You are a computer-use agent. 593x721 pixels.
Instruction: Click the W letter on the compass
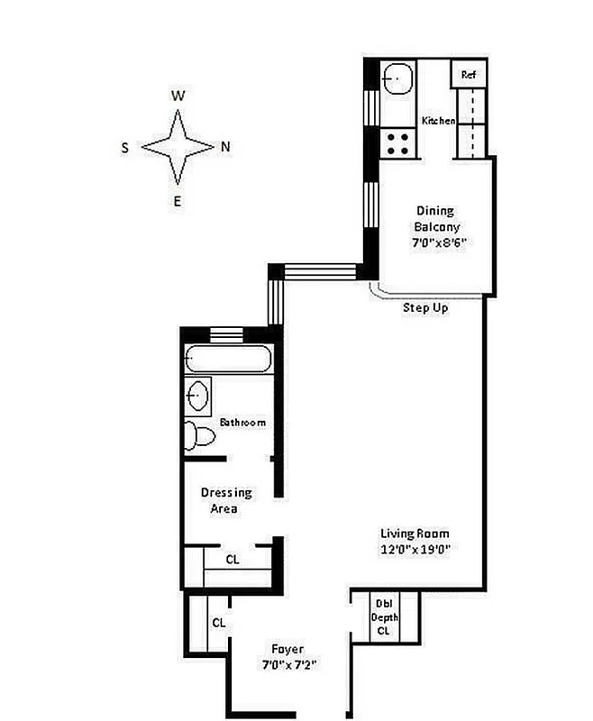click(x=178, y=96)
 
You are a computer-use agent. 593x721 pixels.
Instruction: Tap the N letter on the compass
click(x=225, y=147)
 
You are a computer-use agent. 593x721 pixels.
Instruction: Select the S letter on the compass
click(x=125, y=147)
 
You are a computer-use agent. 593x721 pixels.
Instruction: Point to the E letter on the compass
click(x=178, y=201)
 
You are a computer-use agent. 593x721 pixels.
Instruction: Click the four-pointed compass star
click(x=178, y=147)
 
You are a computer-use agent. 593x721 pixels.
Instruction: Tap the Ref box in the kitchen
click(x=469, y=75)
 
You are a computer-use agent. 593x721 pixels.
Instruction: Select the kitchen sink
click(x=396, y=78)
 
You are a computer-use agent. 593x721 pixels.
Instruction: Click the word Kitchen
click(x=438, y=121)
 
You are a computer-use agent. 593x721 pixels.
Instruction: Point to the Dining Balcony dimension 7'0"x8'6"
click(x=437, y=242)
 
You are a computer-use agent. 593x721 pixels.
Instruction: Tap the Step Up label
click(x=425, y=308)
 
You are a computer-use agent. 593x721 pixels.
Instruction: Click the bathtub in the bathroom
click(x=227, y=359)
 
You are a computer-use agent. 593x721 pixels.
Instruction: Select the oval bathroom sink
click(x=198, y=394)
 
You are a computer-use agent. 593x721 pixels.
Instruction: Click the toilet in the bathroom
click(x=201, y=436)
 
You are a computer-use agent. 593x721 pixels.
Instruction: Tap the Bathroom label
click(x=242, y=422)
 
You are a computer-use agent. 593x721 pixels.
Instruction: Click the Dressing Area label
click(x=224, y=500)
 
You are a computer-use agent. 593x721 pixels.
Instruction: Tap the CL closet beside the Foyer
click(x=218, y=622)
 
